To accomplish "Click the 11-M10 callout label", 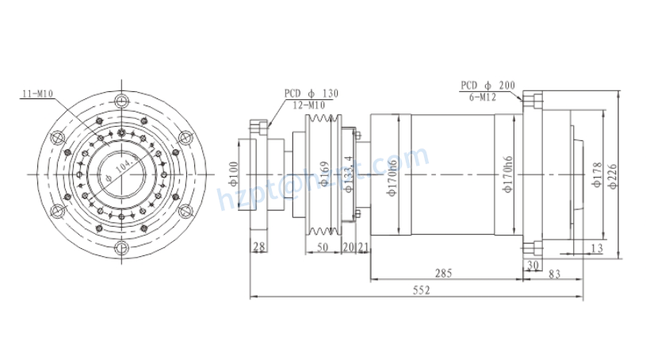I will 36,94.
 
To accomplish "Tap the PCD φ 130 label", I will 311,94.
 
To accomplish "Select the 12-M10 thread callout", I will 308,105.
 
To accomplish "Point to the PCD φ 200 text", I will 487,84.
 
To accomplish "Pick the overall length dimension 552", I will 421,291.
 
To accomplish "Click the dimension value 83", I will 553,274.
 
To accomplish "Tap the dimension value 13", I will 595,249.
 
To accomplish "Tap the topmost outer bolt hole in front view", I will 120,100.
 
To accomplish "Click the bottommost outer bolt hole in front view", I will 120,248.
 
